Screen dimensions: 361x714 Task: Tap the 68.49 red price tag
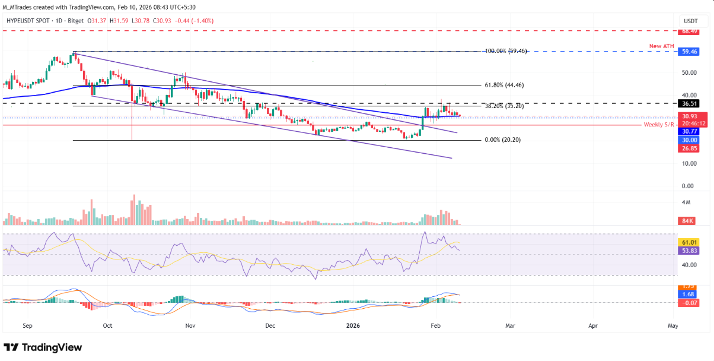[689, 31]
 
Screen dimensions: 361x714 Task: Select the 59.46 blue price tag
[689, 52]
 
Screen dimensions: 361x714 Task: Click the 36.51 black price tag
[689, 103]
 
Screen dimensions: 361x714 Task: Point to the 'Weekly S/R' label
[659, 125]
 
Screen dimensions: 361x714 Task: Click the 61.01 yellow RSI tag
[689, 242]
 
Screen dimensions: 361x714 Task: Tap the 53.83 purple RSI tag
[689, 251]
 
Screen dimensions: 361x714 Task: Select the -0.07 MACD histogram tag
[689, 303]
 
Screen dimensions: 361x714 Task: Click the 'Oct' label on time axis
[107, 326]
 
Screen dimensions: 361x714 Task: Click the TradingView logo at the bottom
[43, 347]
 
